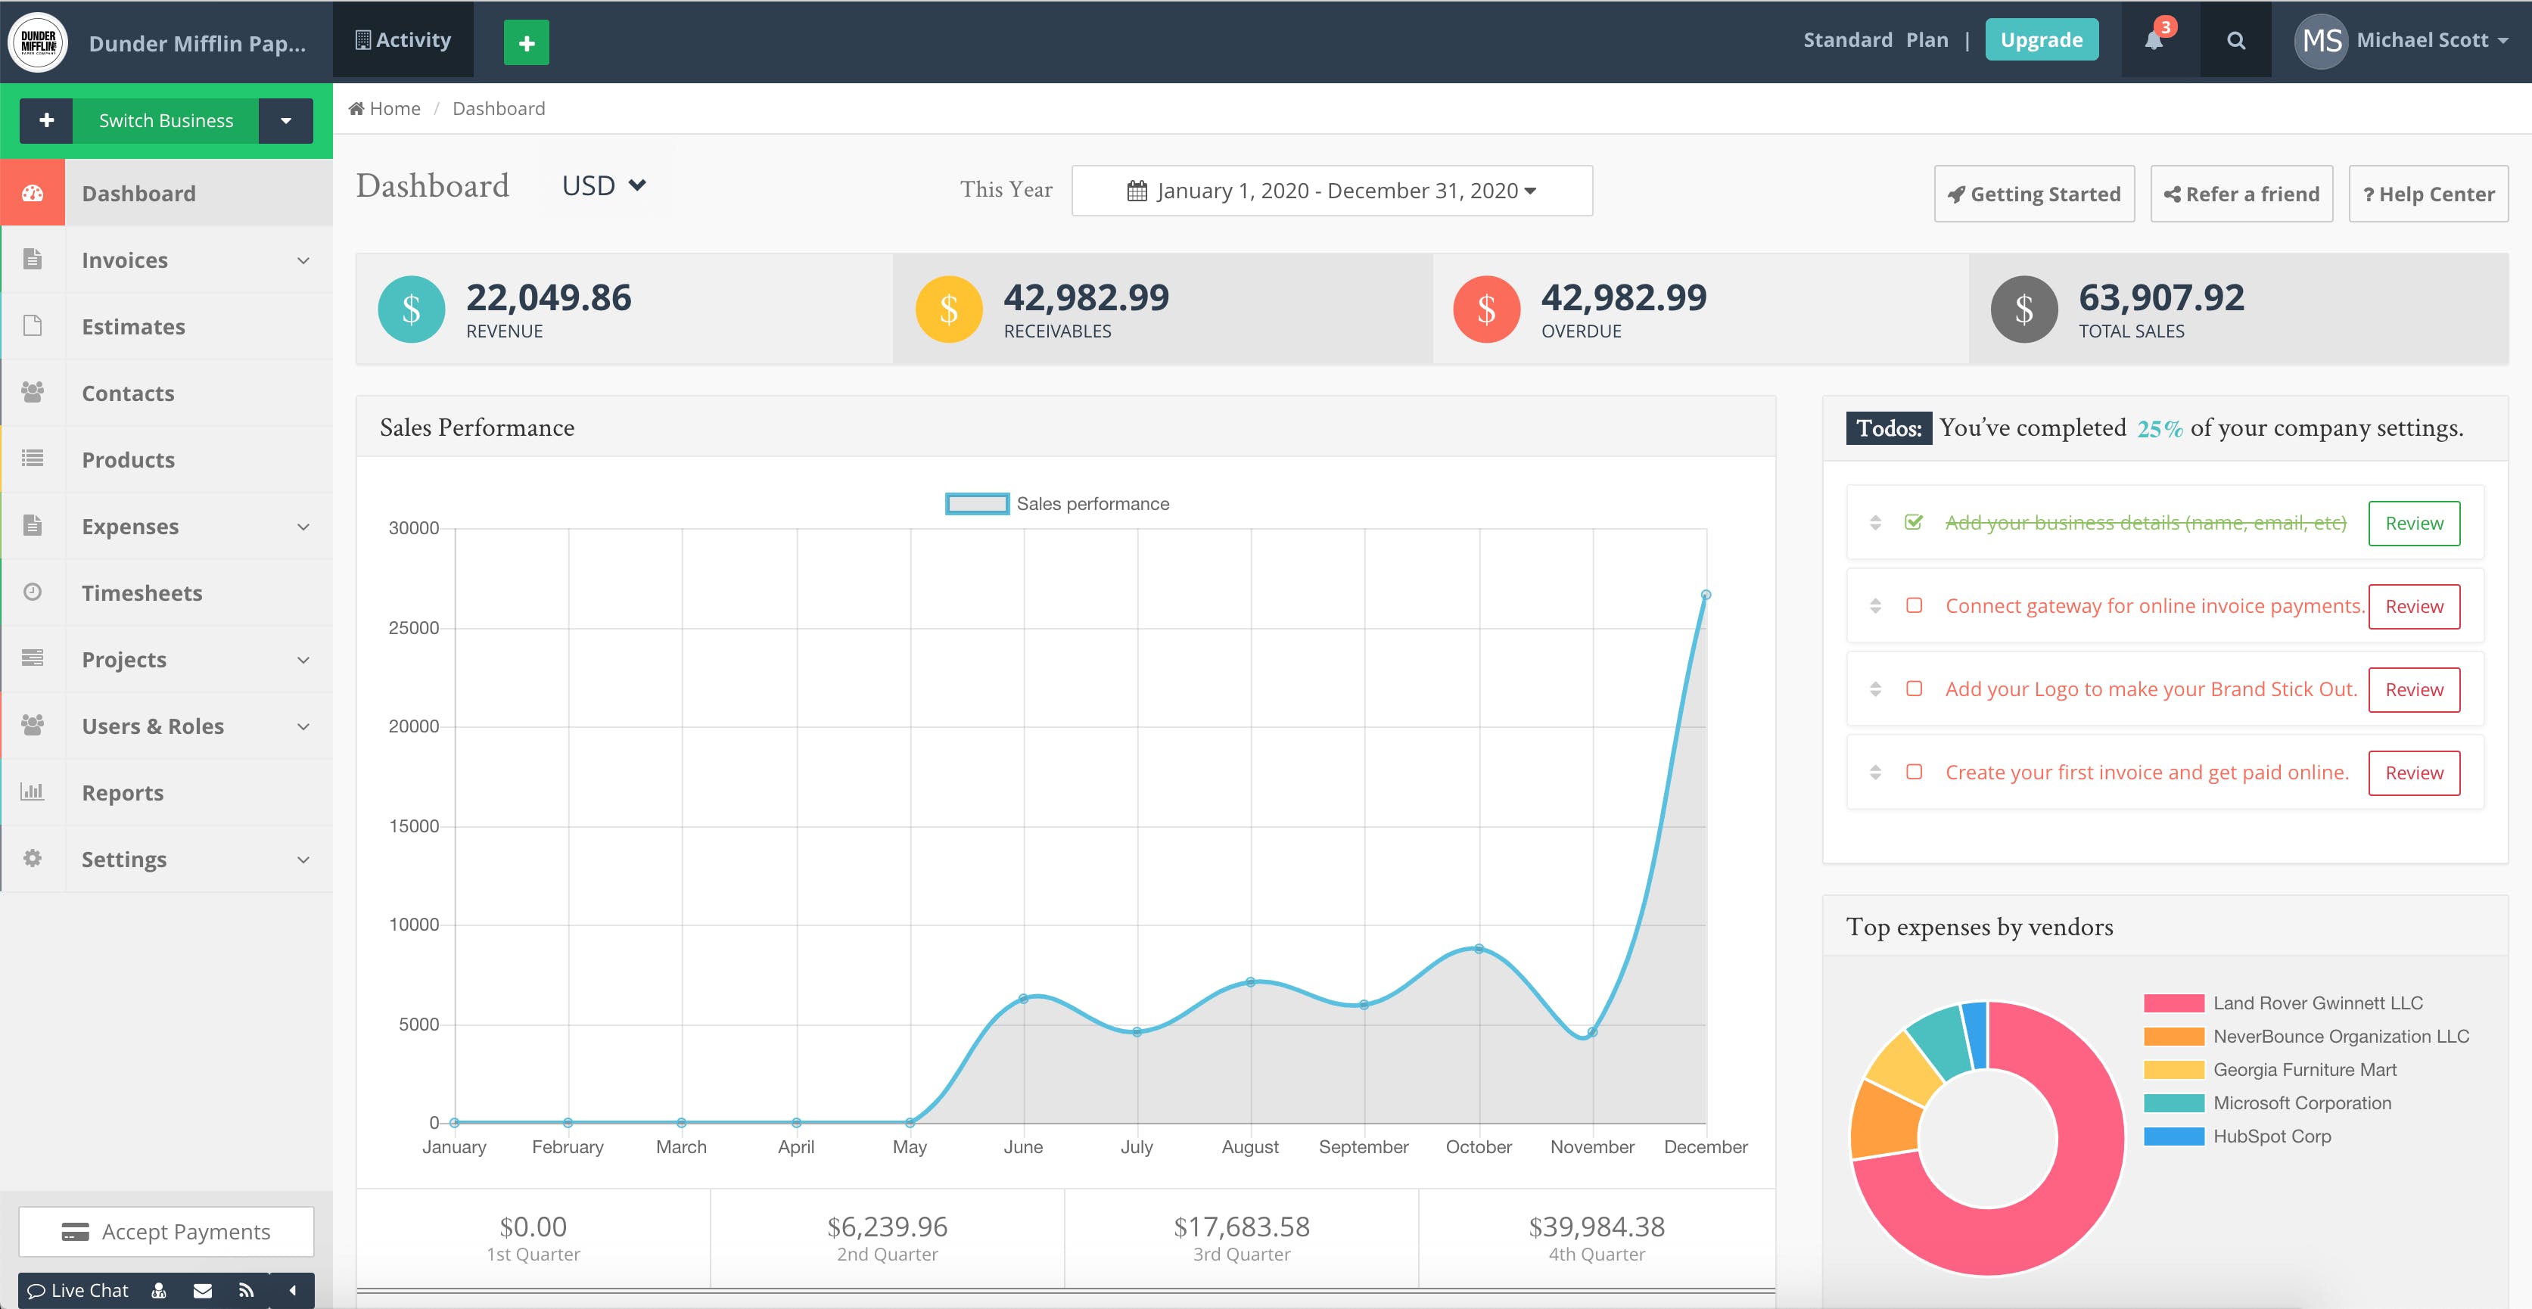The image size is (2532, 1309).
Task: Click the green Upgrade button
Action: [2041, 40]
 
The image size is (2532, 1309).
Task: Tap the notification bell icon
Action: [2154, 40]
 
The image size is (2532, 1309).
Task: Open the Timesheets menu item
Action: [142, 592]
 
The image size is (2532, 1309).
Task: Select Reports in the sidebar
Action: [122, 792]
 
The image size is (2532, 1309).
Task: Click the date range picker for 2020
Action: [1331, 191]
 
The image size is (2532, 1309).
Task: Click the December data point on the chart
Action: [1706, 595]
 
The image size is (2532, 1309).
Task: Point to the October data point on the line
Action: [1479, 948]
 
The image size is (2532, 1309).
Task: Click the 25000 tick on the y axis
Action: [414, 628]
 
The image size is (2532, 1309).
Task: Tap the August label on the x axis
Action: [1249, 1147]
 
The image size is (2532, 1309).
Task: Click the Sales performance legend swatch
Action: [976, 504]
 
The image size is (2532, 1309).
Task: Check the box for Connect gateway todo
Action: [1914, 605]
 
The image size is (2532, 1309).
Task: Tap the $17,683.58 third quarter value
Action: [1242, 1227]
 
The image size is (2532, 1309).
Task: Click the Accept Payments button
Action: [166, 1231]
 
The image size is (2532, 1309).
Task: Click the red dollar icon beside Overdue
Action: [1486, 309]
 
